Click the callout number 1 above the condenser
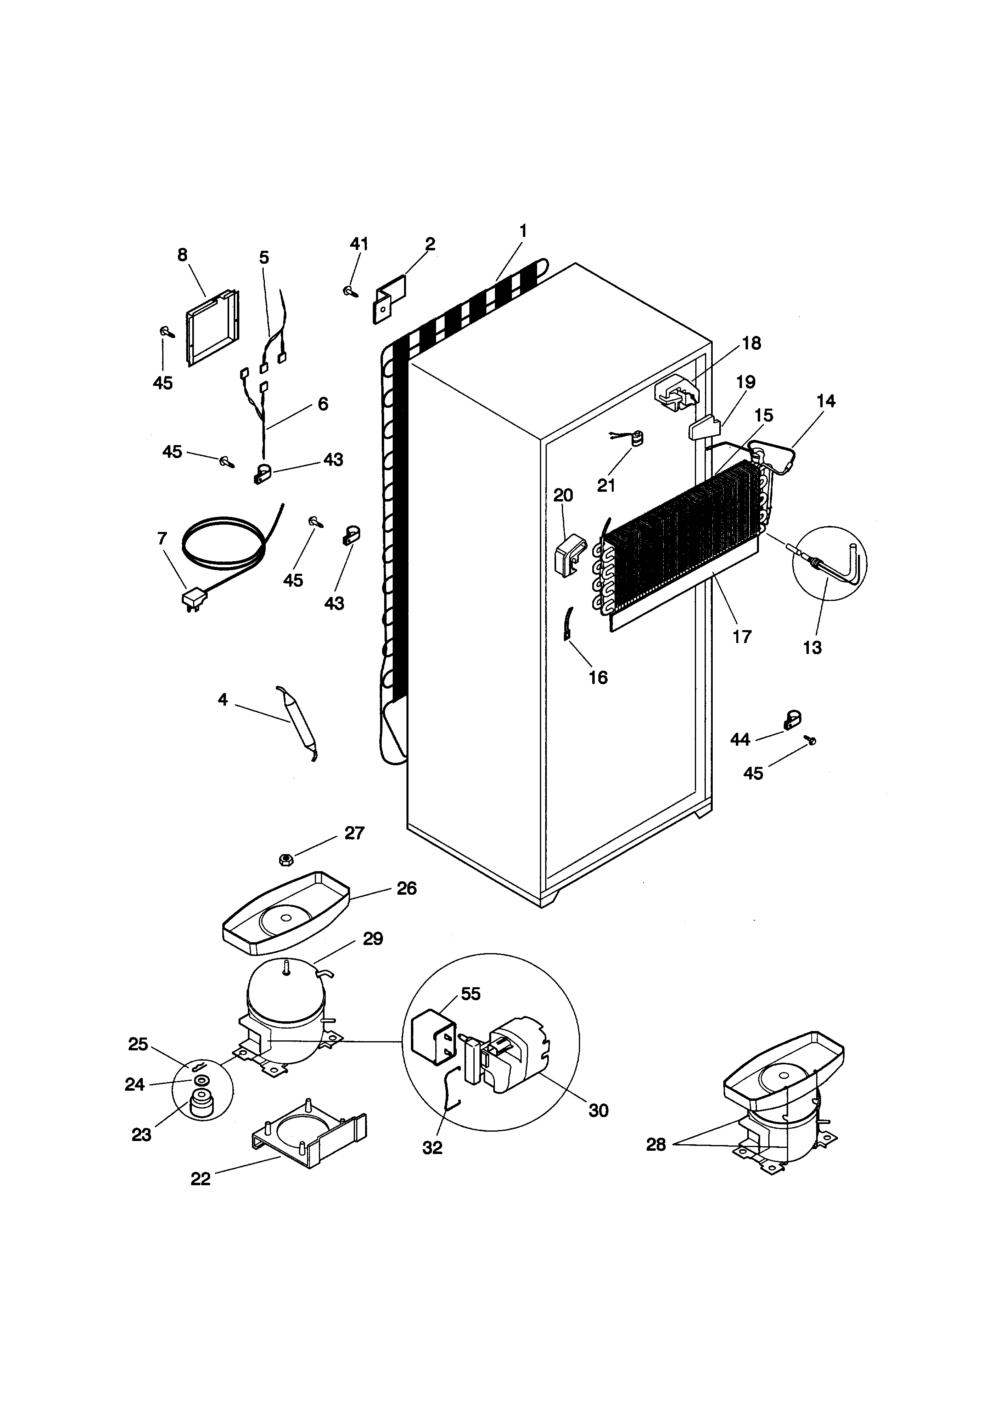tap(523, 231)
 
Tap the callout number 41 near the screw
tap(359, 244)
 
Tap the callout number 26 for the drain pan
tap(406, 888)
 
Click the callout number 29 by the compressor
tap(373, 939)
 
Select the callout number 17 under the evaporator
tap(742, 637)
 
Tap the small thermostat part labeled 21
tap(636, 439)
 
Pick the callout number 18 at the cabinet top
tap(751, 343)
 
